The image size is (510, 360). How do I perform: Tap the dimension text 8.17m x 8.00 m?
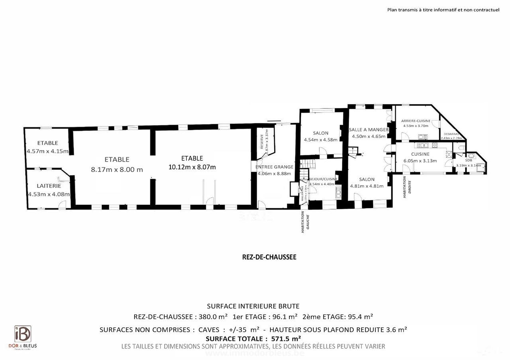(117, 169)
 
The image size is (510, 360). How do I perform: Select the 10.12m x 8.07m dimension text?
(192, 167)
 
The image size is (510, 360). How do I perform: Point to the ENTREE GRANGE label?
(275, 167)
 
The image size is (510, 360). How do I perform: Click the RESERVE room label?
(262, 141)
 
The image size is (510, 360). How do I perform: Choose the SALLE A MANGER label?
(369, 129)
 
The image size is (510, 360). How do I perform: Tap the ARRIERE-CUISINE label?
(416, 121)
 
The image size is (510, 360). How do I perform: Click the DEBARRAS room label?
(451, 134)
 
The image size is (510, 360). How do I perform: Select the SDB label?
(469, 160)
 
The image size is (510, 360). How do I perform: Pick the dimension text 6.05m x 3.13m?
(420, 161)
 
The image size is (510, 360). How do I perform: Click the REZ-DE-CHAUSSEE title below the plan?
(269, 257)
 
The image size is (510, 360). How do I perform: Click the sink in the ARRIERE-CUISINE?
(423, 136)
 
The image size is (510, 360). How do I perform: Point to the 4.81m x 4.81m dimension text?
(367, 186)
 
